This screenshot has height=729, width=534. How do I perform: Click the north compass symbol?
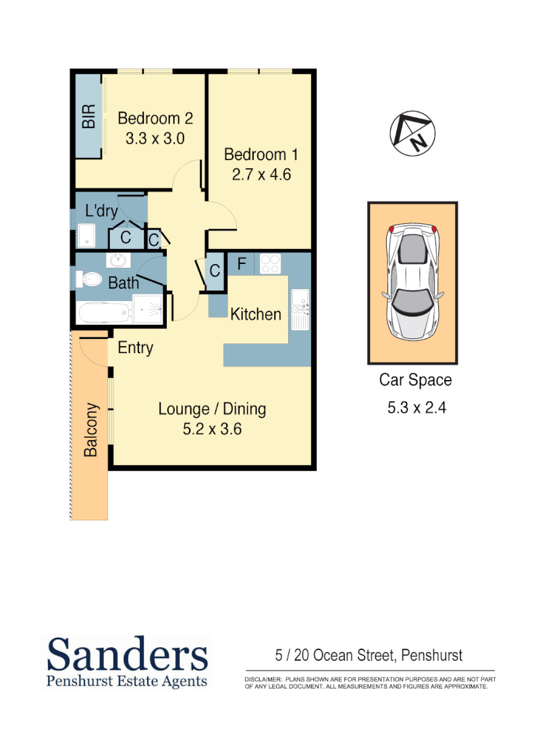pyautogui.click(x=412, y=132)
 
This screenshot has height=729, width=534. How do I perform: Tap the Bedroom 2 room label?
pyautogui.click(x=155, y=119)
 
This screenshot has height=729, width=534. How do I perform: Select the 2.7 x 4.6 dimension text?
pyautogui.click(x=261, y=175)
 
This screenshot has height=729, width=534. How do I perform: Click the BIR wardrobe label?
pyautogui.click(x=88, y=116)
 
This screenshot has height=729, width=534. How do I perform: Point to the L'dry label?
pyautogui.click(x=102, y=211)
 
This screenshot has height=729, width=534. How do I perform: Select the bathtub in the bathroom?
pyautogui.click(x=104, y=313)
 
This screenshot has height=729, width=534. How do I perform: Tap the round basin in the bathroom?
pyautogui.click(x=119, y=260)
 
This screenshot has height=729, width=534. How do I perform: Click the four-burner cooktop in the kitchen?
pyautogui.click(x=271, y=263)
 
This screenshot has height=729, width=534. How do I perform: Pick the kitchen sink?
pyautogui.click(x=299, y=310)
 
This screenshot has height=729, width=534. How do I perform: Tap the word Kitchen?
pyautogui.click(x=256, y=314)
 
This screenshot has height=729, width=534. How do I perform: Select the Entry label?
pyautogui.click(x=135, y=348)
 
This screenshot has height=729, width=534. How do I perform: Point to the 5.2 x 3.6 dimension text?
pyautogui.click(x=212, y=429)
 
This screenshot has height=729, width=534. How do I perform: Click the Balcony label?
pyautogui.click(x=90, y=431)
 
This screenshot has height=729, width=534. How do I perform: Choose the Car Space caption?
pyautogui.click(x=415, y=380)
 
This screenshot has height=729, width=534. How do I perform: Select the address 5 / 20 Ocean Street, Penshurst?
pyautogui.click(x=369, y=655)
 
